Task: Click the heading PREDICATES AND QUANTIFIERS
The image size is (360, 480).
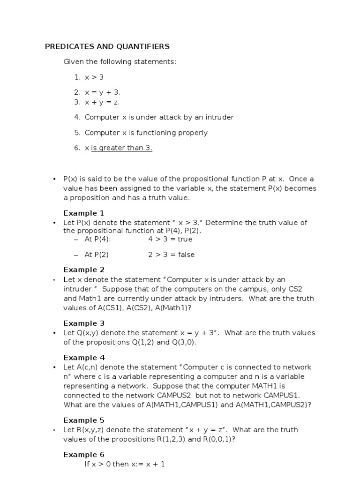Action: [x=107, y=46]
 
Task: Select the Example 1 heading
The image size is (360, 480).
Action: [x=84, y=213]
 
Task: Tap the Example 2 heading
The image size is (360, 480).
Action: [x=84, y=270]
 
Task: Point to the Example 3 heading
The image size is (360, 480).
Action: [x=84, y=323]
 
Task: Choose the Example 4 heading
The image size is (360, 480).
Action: [x=84, y=358]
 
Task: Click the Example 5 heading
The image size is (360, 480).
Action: [x=84, y=420]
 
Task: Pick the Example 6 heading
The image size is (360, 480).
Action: [x=84, y=455]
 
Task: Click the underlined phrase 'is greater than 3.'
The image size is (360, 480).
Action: [x=122, y=148]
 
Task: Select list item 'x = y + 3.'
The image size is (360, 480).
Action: [x=103, y=92]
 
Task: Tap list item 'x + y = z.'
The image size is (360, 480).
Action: [x=103, y=102]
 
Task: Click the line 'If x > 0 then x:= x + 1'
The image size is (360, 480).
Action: [x=124, y=465]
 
